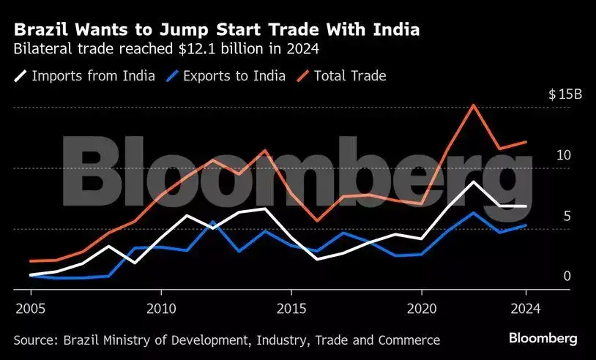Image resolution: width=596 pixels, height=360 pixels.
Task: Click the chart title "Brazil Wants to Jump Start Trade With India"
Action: pos(217,30)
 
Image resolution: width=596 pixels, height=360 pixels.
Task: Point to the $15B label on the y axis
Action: pos(565,94)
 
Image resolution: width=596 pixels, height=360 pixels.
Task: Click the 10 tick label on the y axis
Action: pos(563,155)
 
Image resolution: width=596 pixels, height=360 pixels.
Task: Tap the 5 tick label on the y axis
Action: pos(566,216)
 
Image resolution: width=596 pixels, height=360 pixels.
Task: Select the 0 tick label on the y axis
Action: pos(566,276)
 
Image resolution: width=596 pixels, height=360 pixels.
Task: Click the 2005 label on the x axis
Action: pos(30,308)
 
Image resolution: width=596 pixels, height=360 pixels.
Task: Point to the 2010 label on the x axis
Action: pos(160,308)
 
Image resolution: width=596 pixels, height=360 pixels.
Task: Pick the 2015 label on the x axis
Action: pos(291,308)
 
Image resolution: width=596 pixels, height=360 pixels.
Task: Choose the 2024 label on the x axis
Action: pos(525,308)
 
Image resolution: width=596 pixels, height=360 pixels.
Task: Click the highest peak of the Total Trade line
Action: pos(474,105)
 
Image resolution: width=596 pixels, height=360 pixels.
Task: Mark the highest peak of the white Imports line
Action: pos(474,181)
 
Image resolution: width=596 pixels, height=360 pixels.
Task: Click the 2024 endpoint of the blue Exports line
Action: pos(526,225)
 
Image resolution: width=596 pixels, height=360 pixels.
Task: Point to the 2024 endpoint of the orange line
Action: pos(526,142)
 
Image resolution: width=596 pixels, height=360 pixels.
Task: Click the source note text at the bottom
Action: pos(227,340)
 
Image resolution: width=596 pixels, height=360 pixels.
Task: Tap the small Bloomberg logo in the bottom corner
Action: pos(543,339)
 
